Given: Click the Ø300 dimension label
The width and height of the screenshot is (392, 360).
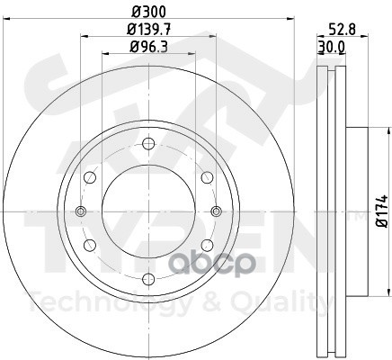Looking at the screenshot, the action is point(149,12).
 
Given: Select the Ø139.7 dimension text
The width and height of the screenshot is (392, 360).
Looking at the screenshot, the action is point(149,30).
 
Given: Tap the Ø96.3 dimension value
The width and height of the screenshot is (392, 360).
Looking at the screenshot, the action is point(149,47).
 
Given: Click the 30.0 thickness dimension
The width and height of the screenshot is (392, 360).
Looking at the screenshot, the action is point(332,47).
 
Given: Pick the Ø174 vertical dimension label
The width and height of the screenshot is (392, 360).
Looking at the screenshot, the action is point(383,211).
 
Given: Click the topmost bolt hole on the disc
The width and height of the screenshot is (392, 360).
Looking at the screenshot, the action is point(148,144).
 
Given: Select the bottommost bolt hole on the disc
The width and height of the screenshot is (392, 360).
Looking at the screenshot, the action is point(148,279).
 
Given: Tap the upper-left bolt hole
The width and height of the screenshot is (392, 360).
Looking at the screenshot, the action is point(90,177).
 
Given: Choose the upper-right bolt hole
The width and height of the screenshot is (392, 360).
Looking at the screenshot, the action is point(207,177).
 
